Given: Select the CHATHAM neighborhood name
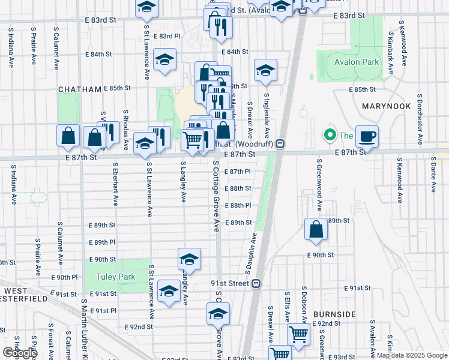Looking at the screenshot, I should click(x=80, y=89).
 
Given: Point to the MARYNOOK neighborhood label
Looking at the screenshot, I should click(x=387, y=106).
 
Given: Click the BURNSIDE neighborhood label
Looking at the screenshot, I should click(x=334, y=314).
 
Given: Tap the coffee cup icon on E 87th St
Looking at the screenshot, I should click(x=366, y=136).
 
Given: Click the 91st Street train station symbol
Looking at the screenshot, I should click(x=256, y=283).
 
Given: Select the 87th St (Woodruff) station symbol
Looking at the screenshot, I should click(x=280, y=144).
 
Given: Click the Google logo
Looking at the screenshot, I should click(x=20, y=353).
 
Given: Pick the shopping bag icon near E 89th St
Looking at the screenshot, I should click(x=316, y=229).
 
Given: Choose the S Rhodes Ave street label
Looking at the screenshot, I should click(x=126, y=129).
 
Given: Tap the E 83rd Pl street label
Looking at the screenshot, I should click(x=167, y=37).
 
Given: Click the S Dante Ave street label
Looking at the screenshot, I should click(x=433, y=174).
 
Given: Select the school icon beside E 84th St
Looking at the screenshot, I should click(x=164, y=60).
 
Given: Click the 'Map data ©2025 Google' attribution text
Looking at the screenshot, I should click(x=412, y=355).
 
